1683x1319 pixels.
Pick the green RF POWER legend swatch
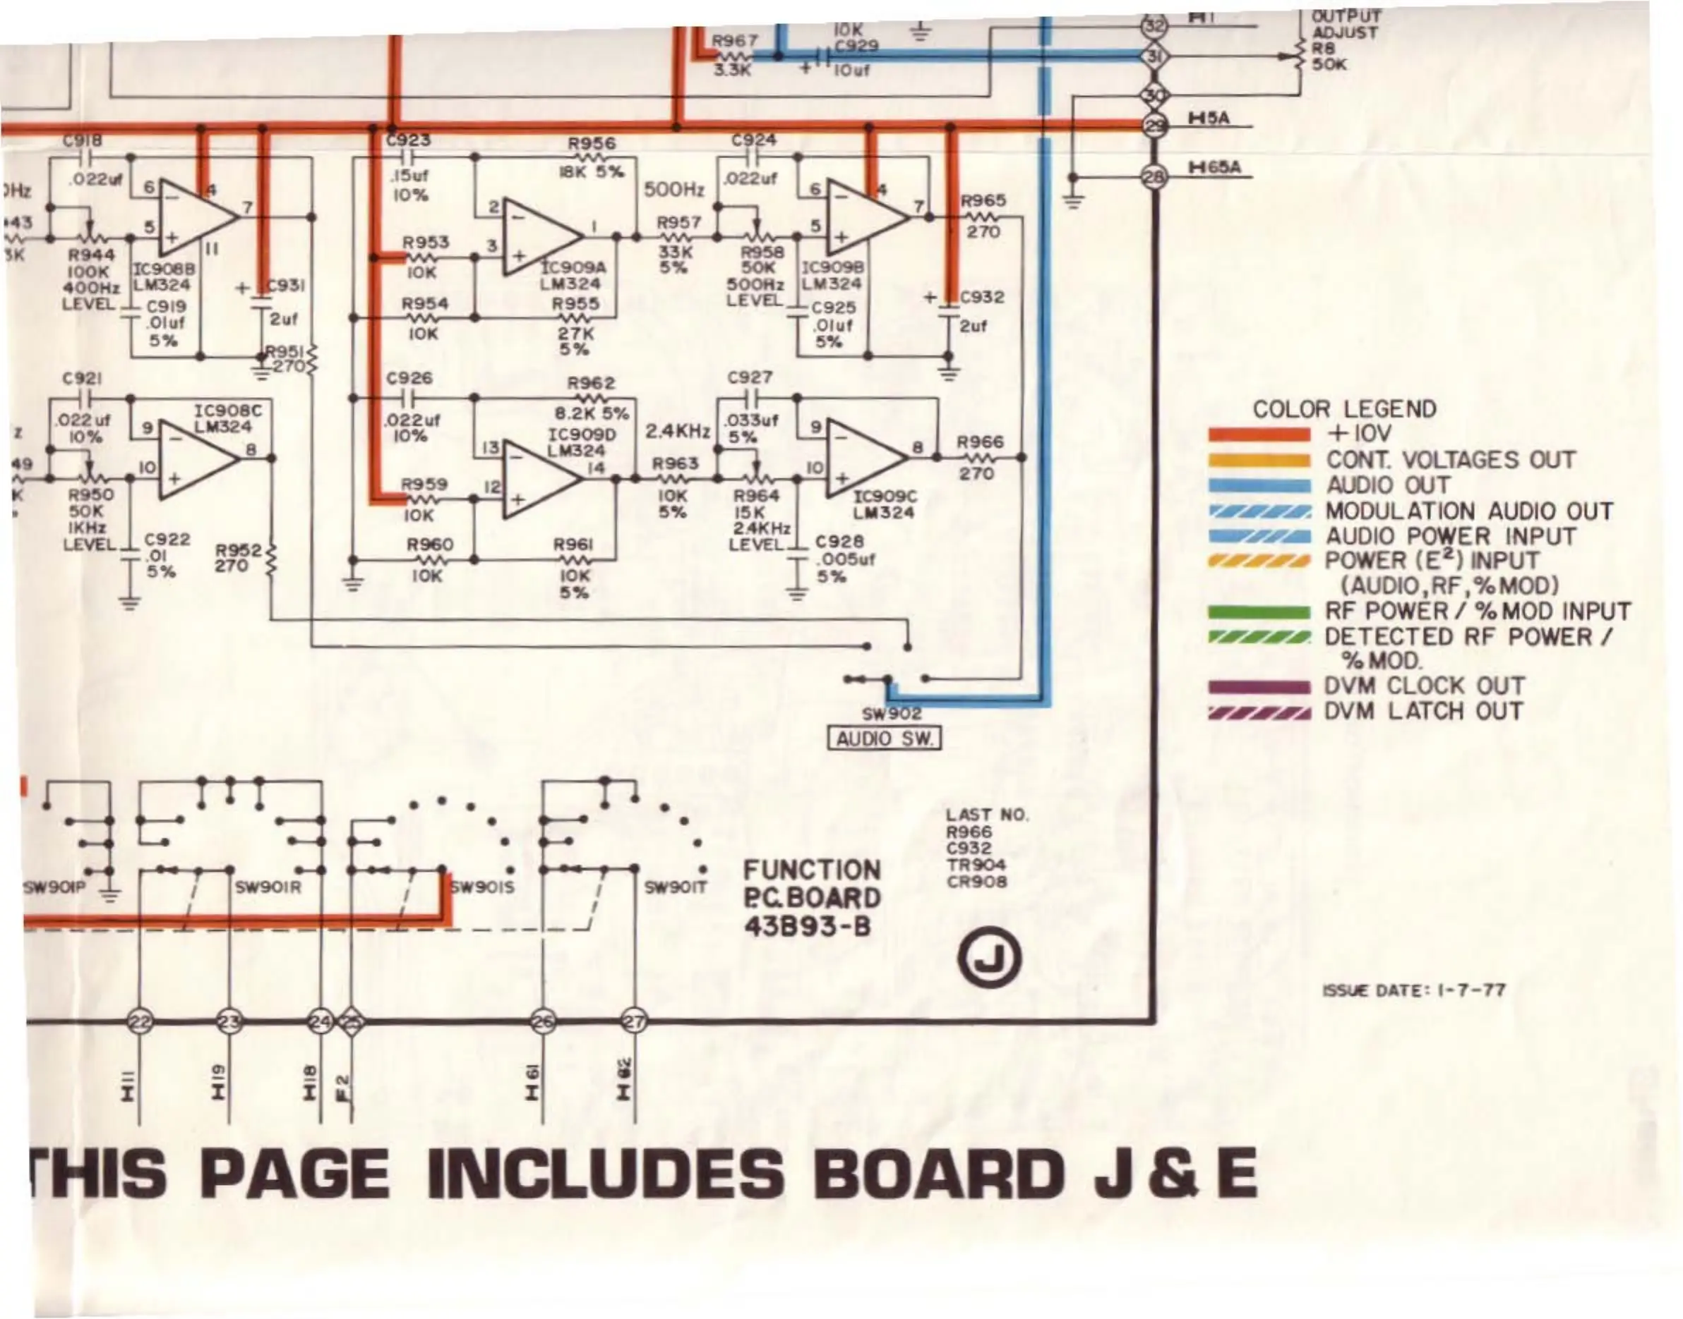pyautogui.click(x=1259, y=612)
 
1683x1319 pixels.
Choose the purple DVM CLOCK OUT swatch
pyautogui.click(x=1259, y=686)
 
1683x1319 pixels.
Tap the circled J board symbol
pyautogui.click(x=989, y=959)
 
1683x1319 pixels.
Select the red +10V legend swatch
pyautogui.click(x=1259, y=434)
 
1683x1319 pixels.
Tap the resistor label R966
pyautogui.click(x=980, y=442)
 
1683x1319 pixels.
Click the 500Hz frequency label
pyautogui.click(x=673, y=189)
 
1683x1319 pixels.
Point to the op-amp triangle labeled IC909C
pyautogui.click(x=866, y=458)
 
